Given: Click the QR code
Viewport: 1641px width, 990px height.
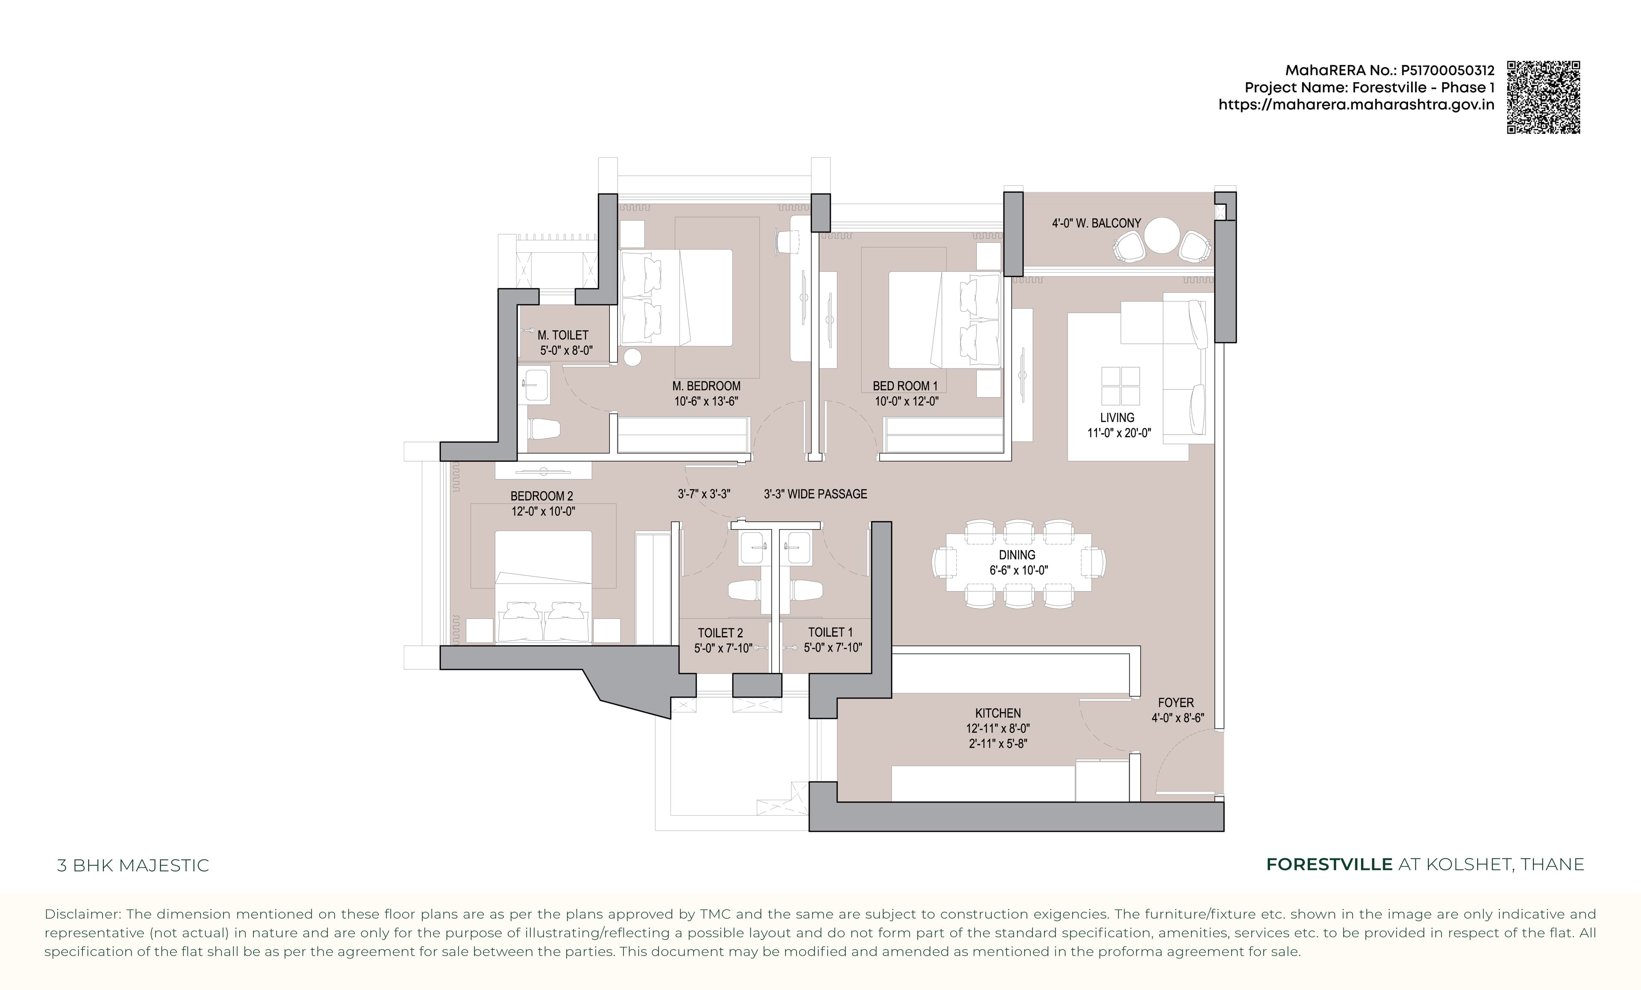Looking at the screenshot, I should coord(1543,97).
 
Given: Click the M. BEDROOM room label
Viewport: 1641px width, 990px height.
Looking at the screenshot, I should coord(706,386).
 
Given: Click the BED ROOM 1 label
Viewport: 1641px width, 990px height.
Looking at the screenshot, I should coord(905,386).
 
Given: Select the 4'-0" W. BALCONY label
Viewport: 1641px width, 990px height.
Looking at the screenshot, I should coord(1096,223).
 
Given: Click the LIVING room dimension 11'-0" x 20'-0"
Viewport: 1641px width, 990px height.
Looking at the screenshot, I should coord(1119,433).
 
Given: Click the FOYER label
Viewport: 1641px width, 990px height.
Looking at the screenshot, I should coord(1176,702).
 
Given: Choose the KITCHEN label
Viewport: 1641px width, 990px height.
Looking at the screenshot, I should coord(998,713).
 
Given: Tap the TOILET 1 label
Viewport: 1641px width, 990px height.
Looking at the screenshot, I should coord(830,632).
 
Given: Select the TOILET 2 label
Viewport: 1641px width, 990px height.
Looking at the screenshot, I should coord(720,633).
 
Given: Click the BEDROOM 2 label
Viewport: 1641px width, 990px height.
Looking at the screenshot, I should coord(541,496).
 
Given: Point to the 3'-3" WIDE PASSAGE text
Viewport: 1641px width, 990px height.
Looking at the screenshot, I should coord(815,494).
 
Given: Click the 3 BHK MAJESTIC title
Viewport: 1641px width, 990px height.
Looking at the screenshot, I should coord(133,866).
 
